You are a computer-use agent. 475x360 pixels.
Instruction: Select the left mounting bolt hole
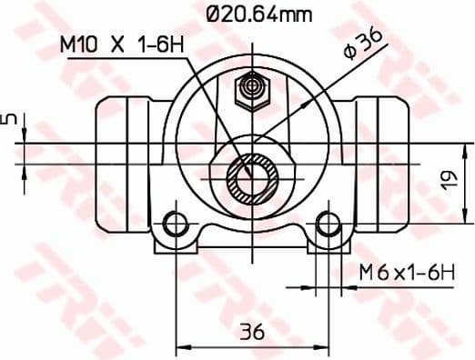(x=176, y=224)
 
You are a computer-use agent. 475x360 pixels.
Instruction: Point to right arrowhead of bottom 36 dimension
(x=323, y=346)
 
